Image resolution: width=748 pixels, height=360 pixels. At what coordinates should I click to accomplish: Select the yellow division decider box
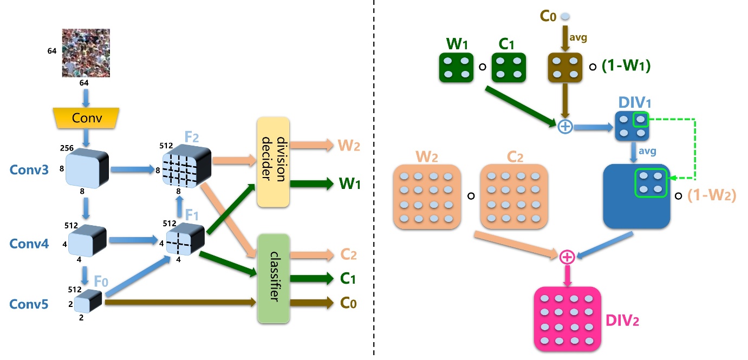[x=273, y=161]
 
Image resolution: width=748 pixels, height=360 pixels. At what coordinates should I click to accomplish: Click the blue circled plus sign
[x=565, y=127]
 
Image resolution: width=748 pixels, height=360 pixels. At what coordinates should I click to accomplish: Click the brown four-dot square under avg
[x=565, y=67]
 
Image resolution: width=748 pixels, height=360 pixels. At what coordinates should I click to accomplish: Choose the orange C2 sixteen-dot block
[x=513, y=195]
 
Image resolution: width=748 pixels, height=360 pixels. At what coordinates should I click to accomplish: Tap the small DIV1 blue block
[x=632, y=126]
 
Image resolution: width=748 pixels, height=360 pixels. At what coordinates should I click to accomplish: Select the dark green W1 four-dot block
[x=456, y=67]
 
